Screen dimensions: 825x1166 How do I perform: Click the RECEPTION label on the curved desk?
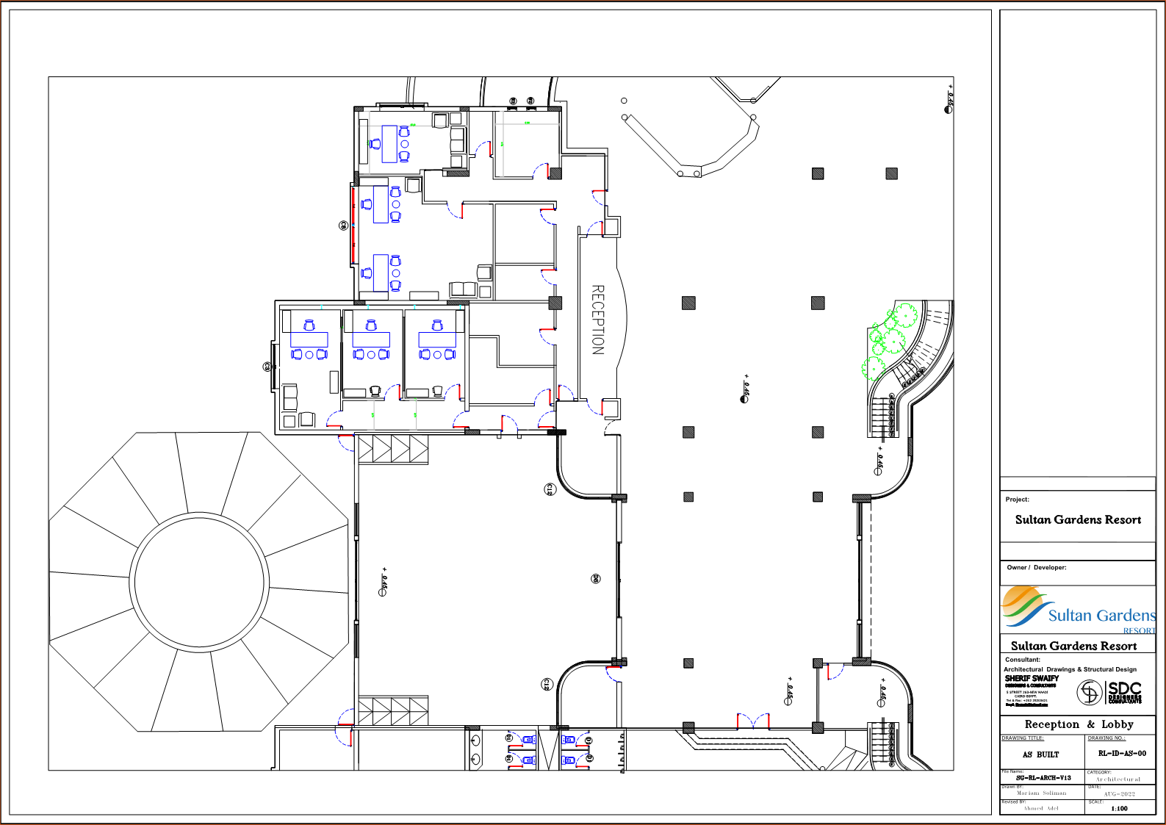(x=598, y=320)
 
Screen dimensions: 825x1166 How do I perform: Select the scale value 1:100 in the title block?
(x=1119, y=808)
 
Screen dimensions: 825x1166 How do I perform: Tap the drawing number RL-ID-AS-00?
(x=1121, y=753)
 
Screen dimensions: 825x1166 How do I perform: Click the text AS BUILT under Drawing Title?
(x=1040, y=754)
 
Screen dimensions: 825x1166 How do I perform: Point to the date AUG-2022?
(x=1119, y=793)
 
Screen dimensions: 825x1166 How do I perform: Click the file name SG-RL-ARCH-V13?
(x=1043, y=777)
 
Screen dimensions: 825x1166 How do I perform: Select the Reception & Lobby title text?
(x=1078, y=724)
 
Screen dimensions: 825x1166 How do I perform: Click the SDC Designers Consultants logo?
(x=1110, y=692)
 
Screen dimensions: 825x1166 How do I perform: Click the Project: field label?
(x=1017, y=500)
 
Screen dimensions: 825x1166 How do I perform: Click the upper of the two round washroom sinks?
(x=475, y=741)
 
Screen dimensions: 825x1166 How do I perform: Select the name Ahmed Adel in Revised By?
(x=1041, y=808)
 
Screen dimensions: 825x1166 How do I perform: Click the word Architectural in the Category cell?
(x=1118, y=779)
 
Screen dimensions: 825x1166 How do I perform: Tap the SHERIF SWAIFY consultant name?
(x=1031, y=678)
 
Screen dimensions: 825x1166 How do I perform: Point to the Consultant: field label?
(x=1022, y=660)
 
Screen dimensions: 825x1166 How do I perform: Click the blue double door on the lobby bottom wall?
(x=752, y=721)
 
